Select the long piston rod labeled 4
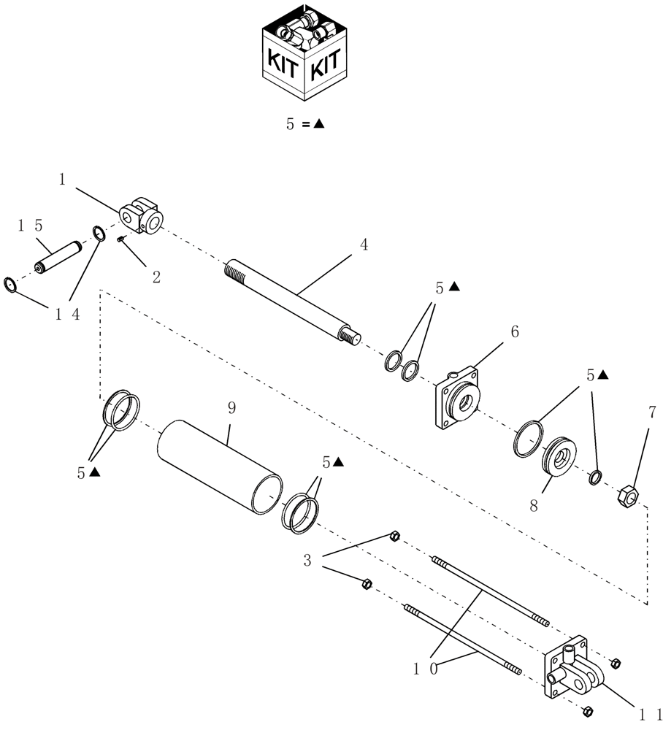(292, 299)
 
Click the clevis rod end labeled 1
(143, 215)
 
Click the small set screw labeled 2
(122, 239)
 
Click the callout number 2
(156, 277)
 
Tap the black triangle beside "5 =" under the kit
(319, 124)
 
